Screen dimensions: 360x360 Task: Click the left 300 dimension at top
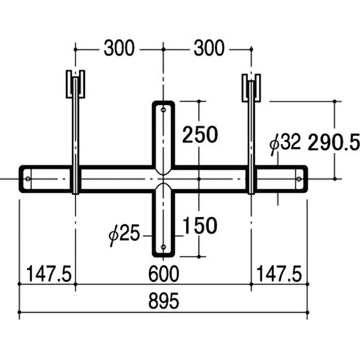[119, 48]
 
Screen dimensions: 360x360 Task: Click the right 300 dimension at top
[209, 48]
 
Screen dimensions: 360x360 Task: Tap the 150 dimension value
[200, 225]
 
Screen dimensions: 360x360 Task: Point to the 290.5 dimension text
[333, 143]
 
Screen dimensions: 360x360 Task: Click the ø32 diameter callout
[284, 144]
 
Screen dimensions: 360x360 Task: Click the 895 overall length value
[163, 301]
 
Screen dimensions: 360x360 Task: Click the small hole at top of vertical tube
[163, 109]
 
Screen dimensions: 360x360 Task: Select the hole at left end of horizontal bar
[28, 179]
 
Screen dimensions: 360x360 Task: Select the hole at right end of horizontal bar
[299, 179]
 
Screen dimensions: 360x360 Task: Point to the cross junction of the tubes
[163, 179]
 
